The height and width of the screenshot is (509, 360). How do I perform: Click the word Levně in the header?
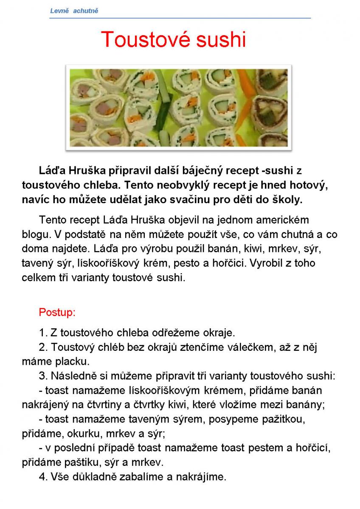[x=59, y=11]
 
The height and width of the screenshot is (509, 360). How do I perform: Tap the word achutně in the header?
[x=86, y=11]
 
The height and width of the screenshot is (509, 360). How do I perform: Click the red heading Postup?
[x=57, y=313]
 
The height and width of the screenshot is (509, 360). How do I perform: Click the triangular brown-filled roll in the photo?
[x=270, y=108]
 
